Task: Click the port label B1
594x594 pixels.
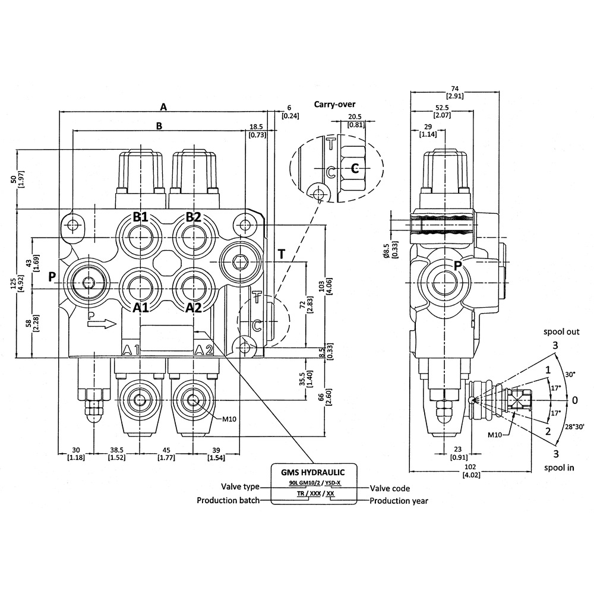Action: click(140, 217)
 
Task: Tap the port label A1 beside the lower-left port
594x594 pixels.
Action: click(140, 307)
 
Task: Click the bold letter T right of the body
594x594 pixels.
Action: click(281, 255)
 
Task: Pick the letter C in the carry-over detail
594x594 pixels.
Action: click(355, 169)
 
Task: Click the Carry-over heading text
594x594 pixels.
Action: click(334, 104)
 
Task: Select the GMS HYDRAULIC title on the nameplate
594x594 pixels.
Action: click(314, 472)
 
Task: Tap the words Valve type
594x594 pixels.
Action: click(241, 487)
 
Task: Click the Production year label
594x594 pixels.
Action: click(399, 501)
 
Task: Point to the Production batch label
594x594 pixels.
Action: click(228, 501)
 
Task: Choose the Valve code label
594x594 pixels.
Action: click(390, 488)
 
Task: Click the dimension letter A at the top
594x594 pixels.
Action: click(164, 106)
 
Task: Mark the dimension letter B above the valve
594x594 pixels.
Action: click(159, 126)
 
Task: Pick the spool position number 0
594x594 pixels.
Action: click(575, 400)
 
